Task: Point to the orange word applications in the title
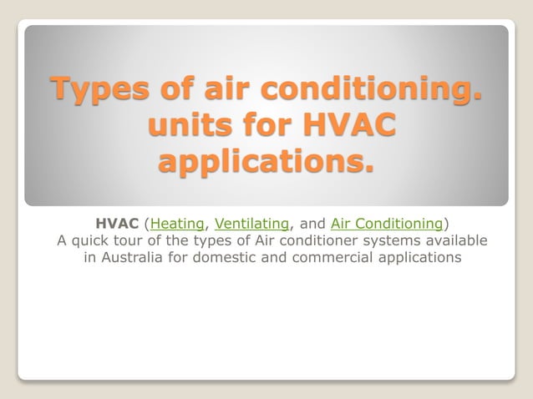[x=266, y=162]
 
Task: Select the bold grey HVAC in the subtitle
[x=117, y=224]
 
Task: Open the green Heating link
[x=178, y=224]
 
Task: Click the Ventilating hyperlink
[x=251, y=224]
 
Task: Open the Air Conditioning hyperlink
[x=386, y=224]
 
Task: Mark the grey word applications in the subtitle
[x=422, y=258]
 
